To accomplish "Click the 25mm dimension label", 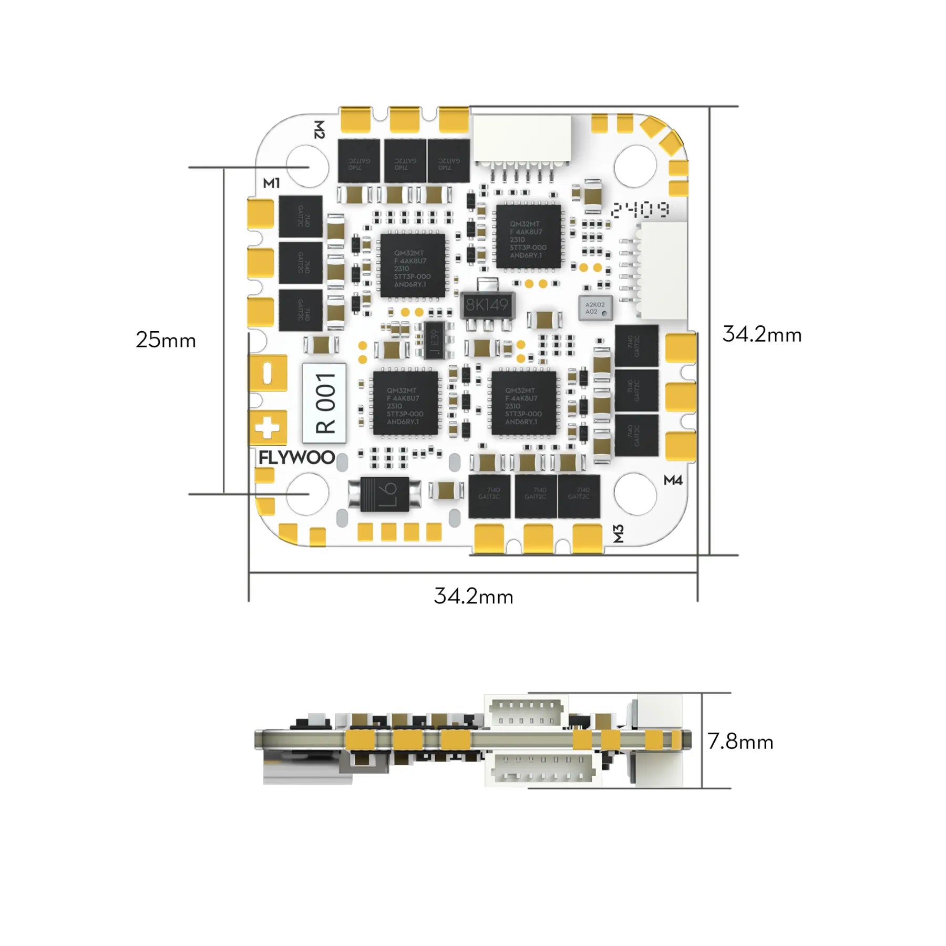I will pos(166,340).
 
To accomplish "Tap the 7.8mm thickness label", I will pos(740,742).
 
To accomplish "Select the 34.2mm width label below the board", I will pos(473,596).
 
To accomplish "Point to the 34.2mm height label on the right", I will pos(762,334).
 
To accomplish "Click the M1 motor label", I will pos(271,183).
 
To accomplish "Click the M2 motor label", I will pos(319,129).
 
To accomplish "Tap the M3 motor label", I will pos(619,533).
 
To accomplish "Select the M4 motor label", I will pos(673,480).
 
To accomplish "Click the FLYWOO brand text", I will pos(296,458).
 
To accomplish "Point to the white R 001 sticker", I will pos(324,403).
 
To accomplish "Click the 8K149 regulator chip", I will pos(487,305).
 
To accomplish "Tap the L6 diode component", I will pos(385,494).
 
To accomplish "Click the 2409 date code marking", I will pos(640,210).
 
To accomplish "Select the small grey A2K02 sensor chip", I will pos(595,309).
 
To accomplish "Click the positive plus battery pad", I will pos(268,428).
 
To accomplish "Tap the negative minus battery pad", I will pos(268,373).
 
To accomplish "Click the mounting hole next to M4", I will pos(635,494).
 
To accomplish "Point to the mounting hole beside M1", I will pos(308,167).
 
